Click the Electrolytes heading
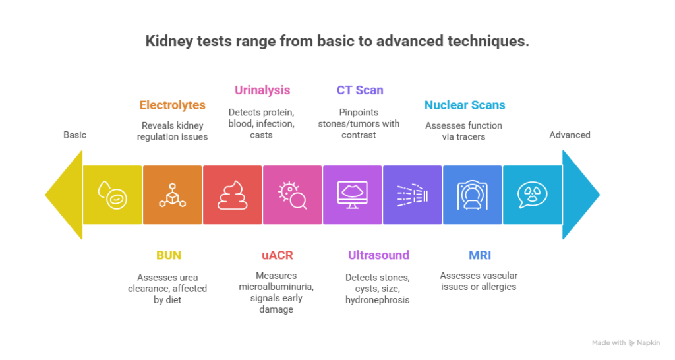click(172, 105)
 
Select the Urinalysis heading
click(262, 90)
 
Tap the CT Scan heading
click(359, 90)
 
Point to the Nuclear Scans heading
click(465, 105)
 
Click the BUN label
click(169, 255)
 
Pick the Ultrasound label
click(378, 255)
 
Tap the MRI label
click(480, 255)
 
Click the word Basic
click(74, 135)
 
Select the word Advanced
click(570, 135)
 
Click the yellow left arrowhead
click(63, 195)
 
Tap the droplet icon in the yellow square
click(112, 195)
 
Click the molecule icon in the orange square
click(172, 195)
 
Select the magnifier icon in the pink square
click(292, 195)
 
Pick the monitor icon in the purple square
click(352, 195)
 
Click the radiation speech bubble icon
click(532, 195)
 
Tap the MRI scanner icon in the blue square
click(472, 195)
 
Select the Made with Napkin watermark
click(626, 343)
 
